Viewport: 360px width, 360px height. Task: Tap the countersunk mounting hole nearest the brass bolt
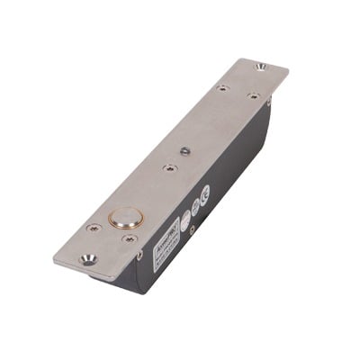88,259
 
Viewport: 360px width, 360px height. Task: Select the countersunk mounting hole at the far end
260,66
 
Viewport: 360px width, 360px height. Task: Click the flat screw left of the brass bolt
92,228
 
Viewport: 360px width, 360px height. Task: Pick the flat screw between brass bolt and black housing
130,238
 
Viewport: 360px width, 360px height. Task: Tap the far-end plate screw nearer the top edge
221,88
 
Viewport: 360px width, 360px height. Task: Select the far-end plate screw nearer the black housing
254,94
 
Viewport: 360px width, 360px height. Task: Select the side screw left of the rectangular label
140,256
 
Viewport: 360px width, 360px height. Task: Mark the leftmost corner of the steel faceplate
54,255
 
